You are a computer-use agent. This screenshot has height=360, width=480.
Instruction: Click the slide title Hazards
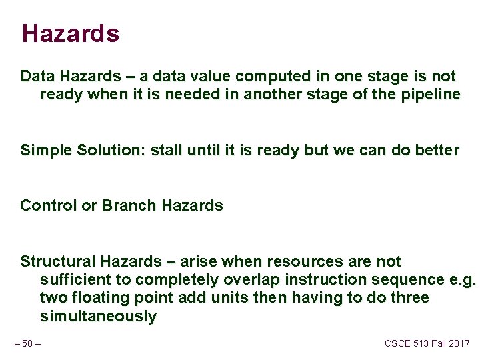(70, 33)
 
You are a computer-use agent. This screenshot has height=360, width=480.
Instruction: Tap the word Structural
(58, 261)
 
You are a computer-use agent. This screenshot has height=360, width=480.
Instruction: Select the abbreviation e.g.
(461, 279)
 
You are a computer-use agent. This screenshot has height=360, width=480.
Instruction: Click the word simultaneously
(98, 316)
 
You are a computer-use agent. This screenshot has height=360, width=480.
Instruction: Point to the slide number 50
(27, 343)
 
